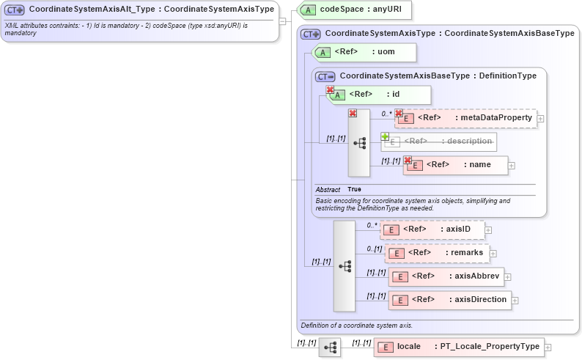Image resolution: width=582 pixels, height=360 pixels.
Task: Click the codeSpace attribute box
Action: pos(356,10)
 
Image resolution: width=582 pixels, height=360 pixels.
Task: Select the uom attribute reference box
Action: pos(364,52)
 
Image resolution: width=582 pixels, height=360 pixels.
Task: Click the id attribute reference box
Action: pos(379,95)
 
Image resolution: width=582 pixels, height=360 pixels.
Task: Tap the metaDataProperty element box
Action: pos(465,118)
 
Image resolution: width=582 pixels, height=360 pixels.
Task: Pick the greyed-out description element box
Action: pos(439,142)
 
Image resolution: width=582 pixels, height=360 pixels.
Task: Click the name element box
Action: pos(455,166)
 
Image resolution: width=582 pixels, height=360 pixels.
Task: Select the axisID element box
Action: pos(432,229)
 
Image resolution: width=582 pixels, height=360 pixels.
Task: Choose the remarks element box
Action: pos(437,253)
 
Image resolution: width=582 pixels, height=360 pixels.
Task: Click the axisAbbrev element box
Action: pos(446,277)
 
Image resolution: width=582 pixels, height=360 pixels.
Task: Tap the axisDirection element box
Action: pos(449,300)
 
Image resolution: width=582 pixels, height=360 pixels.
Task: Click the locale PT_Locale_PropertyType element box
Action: pos(458,347)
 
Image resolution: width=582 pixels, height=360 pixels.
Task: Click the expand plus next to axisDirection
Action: pos(515,301)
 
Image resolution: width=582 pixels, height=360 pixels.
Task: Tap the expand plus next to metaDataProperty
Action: pos(541,119)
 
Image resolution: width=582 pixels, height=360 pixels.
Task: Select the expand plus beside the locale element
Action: pos(548,348)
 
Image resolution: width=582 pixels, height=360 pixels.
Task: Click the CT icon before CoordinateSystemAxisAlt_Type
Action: pos(15,10)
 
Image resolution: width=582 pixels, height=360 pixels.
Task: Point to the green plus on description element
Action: pos(385,136)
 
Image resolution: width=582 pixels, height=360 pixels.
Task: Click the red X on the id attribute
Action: pos(330,90)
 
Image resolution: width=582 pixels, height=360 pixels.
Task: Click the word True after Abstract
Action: pos(354,189)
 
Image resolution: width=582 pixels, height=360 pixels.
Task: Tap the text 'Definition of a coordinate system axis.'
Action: pos(357,325)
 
